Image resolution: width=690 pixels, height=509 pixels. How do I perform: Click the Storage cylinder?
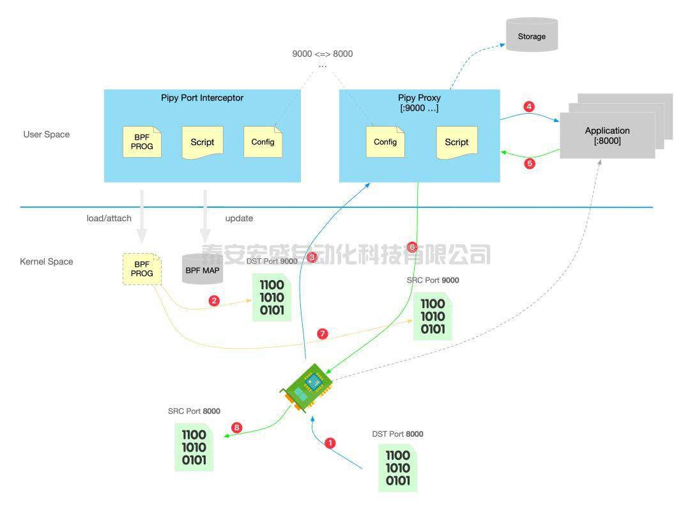click(x=532, y=35)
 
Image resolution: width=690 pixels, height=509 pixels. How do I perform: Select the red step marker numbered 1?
click(x=330, y=442)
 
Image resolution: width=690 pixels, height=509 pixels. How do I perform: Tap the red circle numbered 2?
click(x=214, y=301)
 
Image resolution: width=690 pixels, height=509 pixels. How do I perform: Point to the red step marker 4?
click(x=528, y=107)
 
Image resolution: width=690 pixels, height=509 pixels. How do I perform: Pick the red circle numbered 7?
click(x=322, y=334)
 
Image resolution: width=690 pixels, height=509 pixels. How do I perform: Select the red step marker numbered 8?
click(x=237, y=428)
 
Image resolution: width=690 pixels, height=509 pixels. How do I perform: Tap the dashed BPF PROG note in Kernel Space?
click(x=142, y=269)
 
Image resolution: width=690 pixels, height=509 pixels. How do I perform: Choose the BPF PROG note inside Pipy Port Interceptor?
click(x=142, y=142)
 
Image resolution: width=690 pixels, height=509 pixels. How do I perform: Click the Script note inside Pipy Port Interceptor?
click(x=202, y=142)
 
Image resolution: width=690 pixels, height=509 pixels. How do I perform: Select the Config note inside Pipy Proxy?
click(x=385, y=142)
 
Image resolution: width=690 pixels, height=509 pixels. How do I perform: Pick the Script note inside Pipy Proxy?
click(x=456, y=142)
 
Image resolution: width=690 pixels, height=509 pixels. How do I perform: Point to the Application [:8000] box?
click(x=607, y=136)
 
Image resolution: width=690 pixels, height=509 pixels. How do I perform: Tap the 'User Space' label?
click(x=47, y=134)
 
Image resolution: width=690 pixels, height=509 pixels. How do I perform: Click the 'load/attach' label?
click(x=109, y=218)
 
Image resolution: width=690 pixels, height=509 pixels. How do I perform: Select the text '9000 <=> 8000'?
click(x=322, y=54)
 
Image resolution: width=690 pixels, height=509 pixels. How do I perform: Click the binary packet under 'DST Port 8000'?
click(x=397, y=469)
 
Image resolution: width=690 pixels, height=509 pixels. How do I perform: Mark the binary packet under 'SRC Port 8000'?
click(x=194, y=448)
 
